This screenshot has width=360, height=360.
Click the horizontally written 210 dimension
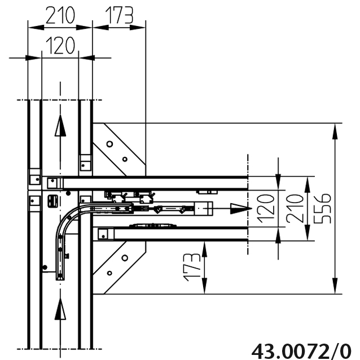pyautogui.click(x=60, y=15)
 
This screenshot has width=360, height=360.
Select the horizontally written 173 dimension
pyautogui.click(x=119, y=15)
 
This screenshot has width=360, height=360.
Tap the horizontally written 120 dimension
pyautogui.click(x=60, y=46)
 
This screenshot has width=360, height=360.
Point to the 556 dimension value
pyautogui.click(x=322, y=209)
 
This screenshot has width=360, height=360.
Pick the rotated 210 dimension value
pyautogui.click(x=295, y=209)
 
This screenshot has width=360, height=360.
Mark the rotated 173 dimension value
pyautogui.click(x=192, y=267)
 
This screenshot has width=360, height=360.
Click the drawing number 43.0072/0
pyautogui.click(x=301, y=352)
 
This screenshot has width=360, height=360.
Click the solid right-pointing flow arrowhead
pyautogui.click(x=241, y=208)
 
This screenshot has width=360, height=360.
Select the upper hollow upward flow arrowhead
pyautogui.click(x=60, y=125)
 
